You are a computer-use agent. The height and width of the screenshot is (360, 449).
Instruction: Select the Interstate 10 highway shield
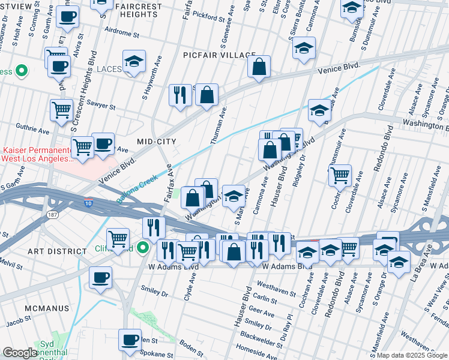pos(89,203)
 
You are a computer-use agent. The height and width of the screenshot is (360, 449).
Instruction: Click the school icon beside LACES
pos(134,62)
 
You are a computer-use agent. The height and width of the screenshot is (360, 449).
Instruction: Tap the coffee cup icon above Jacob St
pos(100,278)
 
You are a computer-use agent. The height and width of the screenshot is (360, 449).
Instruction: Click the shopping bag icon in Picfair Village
pos(259,68)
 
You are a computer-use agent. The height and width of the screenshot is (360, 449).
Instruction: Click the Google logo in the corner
pos(20,353)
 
